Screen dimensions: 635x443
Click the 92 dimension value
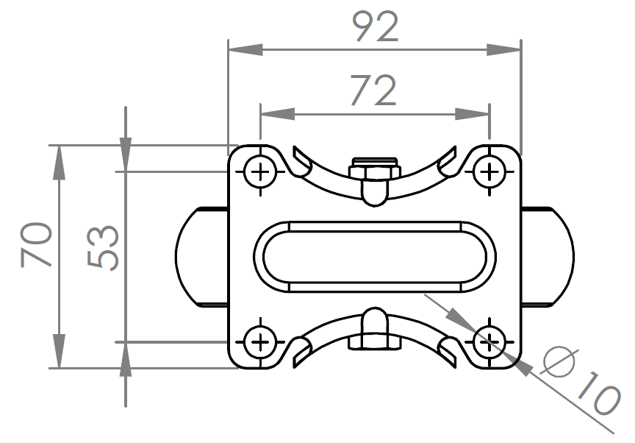point(376,26)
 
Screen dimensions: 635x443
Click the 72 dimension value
point(373,90)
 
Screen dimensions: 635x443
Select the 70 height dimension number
point(36,244)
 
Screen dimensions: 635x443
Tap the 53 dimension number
point(103,247)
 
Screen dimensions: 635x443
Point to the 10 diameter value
point(598,393)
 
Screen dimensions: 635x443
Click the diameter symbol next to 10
point(559,361)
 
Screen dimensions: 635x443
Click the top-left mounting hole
point(260,172)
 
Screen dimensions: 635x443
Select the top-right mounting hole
point(489,172)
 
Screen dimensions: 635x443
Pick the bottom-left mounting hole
point(260,342)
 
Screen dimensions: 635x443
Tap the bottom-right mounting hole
point(489,342)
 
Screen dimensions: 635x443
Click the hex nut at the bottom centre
point(375,342)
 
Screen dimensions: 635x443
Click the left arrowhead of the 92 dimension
point(245,50)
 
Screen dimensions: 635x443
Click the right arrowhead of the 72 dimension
point(472,114)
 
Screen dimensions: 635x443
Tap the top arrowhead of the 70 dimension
point(59,162)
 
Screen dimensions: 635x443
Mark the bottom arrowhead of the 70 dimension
point(59,351)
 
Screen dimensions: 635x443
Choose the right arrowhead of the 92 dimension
point(503,50)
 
